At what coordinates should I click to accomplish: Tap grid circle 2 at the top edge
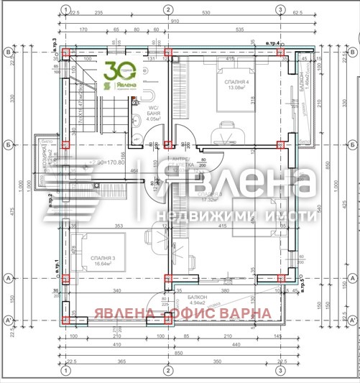coord(167,9)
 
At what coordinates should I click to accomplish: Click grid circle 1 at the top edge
coord(65,9)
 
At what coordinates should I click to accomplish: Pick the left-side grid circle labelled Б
coord(9,144)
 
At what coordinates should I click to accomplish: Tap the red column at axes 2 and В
coord(168,52)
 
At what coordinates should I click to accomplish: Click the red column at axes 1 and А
coord(65,278)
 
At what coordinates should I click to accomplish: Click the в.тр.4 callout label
coord(272,45)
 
